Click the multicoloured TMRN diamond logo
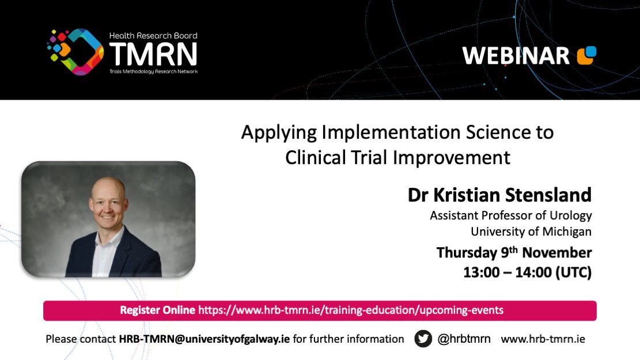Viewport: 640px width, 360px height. pos(75,52)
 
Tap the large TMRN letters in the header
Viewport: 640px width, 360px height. pos(153,54)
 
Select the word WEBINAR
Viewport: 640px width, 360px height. pos(516,56)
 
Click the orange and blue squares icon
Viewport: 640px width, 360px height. pos(586,55)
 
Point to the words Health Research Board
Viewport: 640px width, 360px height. pos(153,36)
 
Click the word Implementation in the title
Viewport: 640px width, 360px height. pos(391,133)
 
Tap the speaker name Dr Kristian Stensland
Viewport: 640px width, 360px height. pos(499,195)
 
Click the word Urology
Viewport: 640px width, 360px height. pos(571,215)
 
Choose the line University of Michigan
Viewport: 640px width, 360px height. pos(531,232)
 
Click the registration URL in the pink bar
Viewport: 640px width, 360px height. pos(351,310)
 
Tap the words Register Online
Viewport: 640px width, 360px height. pos(157,310)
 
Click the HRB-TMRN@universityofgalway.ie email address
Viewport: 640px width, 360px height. pos(204,339)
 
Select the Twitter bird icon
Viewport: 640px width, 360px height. pos(423,339)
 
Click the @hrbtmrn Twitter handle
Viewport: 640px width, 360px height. pos(464,339)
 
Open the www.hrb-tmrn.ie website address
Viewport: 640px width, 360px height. pos(543,339)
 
